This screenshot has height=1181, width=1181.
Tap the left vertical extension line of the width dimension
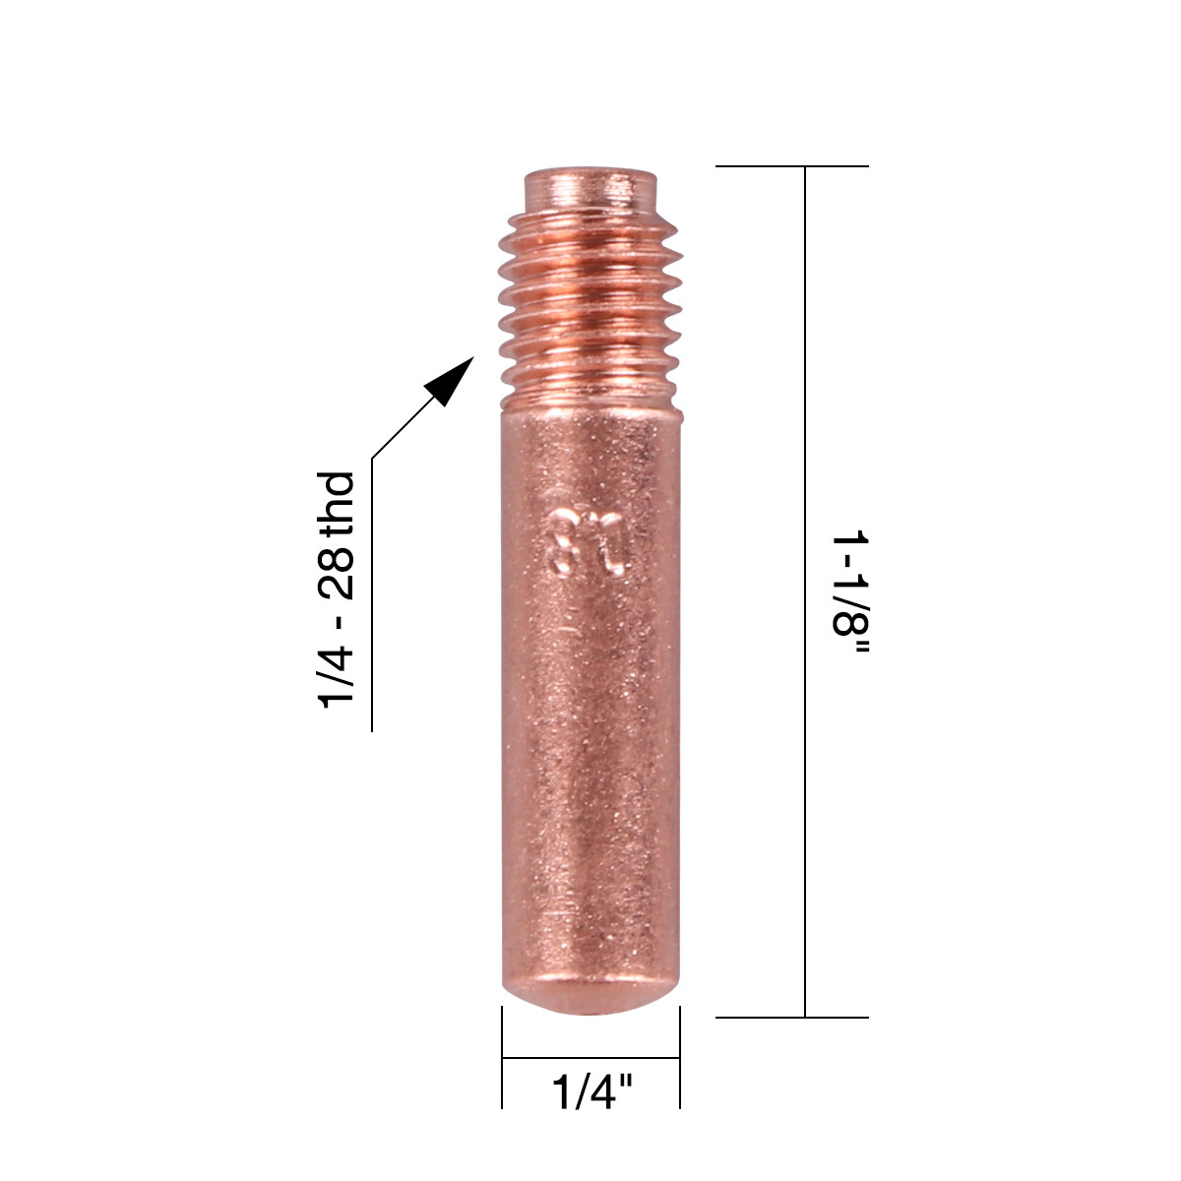pyautogui.click(x=503, y=1058)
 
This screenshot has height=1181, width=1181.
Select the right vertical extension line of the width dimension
pyautogui.click(x=680, y=1058)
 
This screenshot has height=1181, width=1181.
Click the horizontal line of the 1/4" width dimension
pyautogui.click(x=590, y=1058)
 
